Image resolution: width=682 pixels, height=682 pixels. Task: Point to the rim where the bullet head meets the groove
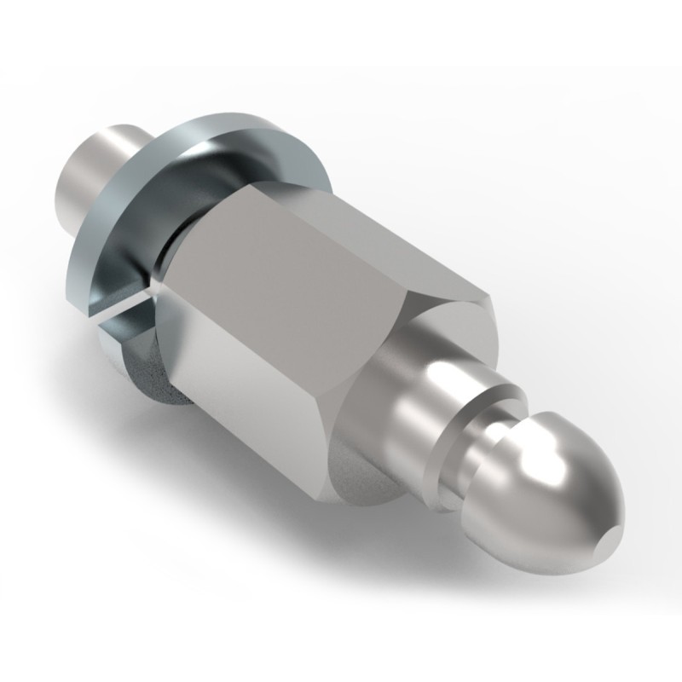[494, 452]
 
